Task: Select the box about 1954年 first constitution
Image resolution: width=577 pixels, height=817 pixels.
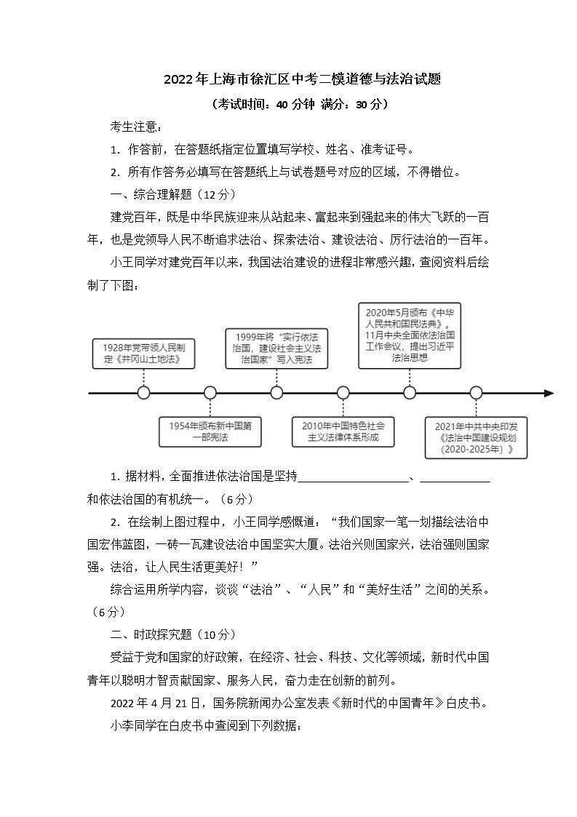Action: click(x=210, y=431)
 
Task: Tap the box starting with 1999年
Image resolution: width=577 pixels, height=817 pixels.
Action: click(x=276, y=348)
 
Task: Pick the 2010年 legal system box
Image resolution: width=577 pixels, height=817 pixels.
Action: click(x=342, y=431)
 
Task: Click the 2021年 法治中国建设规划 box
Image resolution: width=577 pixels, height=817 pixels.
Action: click(x=476, y=437)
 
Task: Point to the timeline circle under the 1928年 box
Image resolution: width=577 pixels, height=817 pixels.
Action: click(x=143, y=393)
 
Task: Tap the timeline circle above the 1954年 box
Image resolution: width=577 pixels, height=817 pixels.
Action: click(x=210, y=393)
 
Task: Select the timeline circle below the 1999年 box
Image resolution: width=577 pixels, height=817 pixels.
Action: click(x=276, y=393)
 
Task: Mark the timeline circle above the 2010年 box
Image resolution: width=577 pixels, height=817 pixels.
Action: click(x=343, y=393)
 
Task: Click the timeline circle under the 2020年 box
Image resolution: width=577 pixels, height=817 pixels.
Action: click(x=410, y=393)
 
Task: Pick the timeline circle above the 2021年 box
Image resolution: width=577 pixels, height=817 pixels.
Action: click(x=476, y=393)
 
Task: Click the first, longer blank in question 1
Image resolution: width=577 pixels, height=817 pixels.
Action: click(x=354, y=478)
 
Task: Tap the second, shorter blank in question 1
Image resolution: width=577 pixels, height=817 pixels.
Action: click(x=455, y=478)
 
